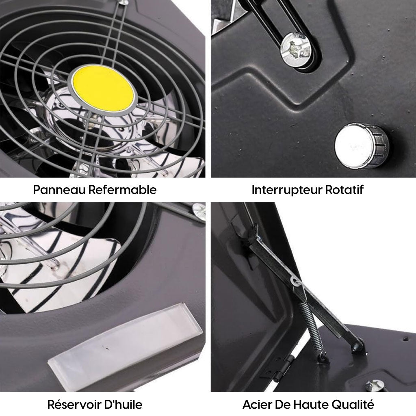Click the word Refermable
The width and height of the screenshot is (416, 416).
click(122, 190)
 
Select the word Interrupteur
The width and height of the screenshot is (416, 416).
click(287, 190)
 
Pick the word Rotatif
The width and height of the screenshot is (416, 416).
click(344, 190)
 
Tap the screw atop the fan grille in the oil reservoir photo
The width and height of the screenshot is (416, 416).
click(199, 209)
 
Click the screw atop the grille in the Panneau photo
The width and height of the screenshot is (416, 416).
click(124, 2)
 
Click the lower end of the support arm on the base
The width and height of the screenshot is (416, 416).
click(357, 345)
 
